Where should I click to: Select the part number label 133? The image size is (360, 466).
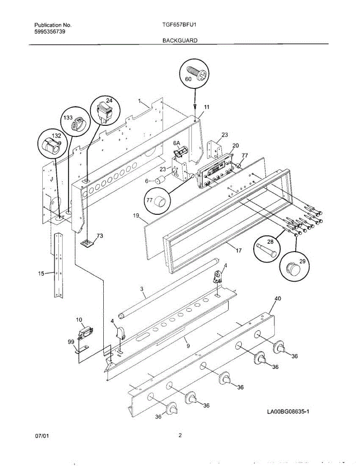point(68,118)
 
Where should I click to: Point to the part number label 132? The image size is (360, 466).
point(56,136)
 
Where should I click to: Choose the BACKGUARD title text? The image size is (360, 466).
point(179,40)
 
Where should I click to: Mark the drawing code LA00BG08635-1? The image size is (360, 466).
point(287,412)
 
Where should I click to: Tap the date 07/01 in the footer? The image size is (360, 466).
point(42,436)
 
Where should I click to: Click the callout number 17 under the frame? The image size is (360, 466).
point(238,251)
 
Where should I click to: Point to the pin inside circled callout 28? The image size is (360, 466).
point(265,249)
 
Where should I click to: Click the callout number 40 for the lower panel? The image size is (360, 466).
point(278,299)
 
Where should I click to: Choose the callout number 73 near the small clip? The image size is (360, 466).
point(100,236)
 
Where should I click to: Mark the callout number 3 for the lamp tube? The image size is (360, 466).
point(142,289)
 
